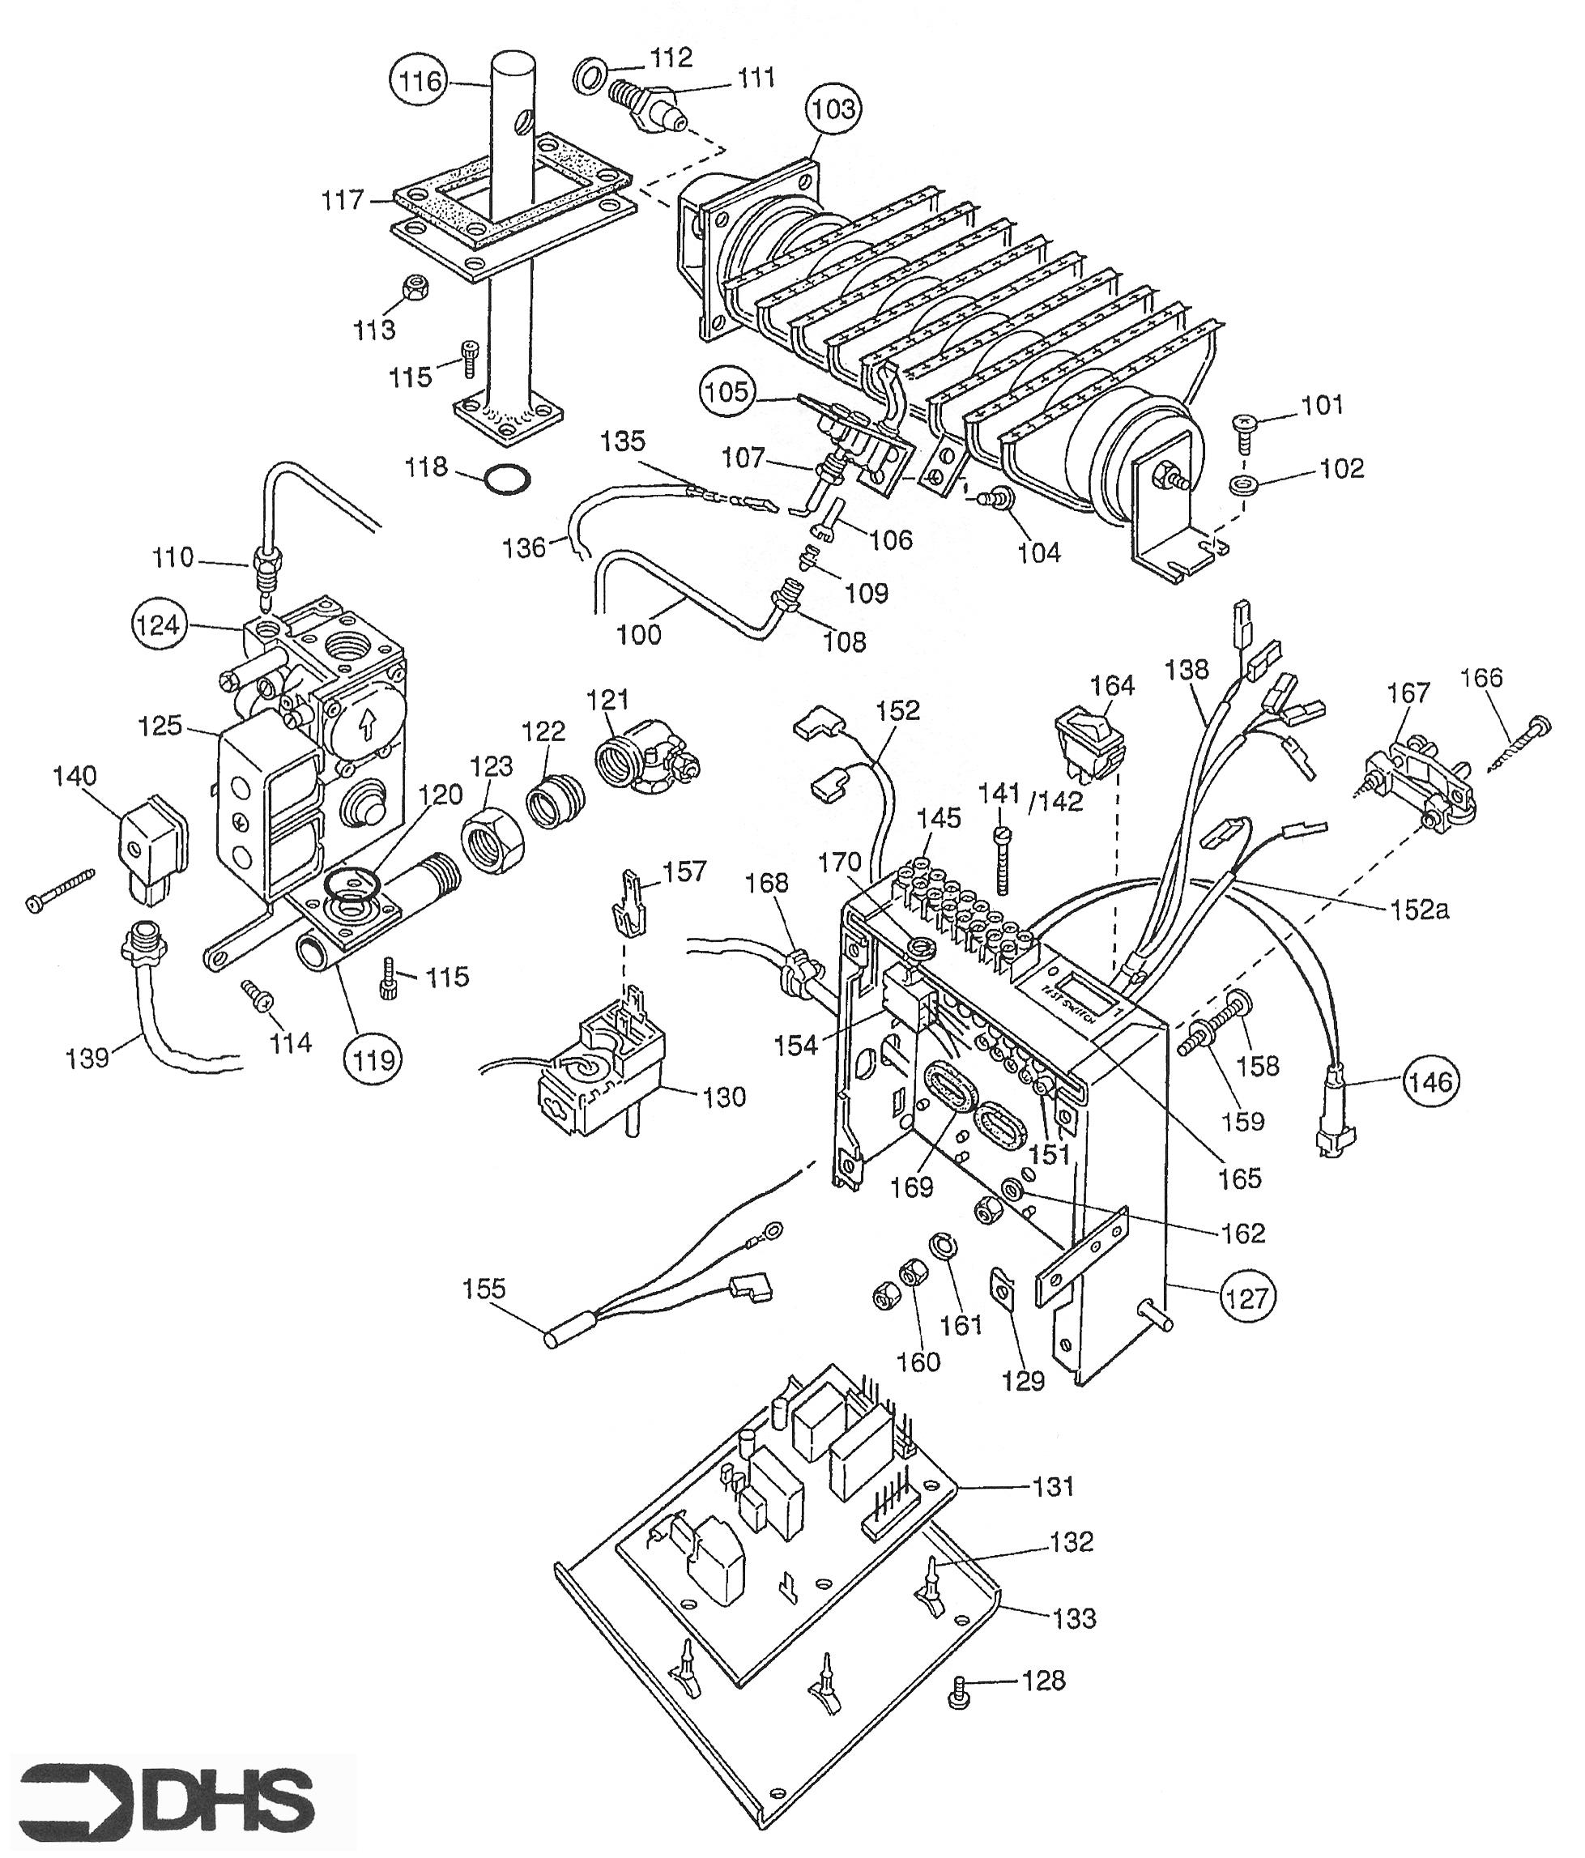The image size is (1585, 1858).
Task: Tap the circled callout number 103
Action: click(x=833, y=109)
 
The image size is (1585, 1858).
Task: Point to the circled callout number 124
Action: click(x=159, y=624)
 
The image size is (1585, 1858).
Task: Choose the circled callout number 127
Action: click(x=1247, y=1297)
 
